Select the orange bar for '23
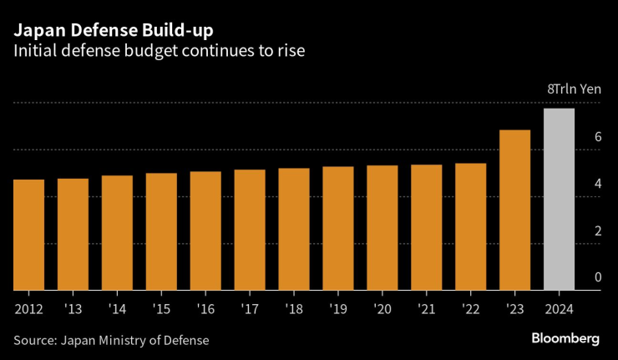(514, 210)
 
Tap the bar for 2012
(29, 236)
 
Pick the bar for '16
(205, 231)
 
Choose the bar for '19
(338, 229)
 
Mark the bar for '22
(470, 227)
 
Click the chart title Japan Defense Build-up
(112, 31)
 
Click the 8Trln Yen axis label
(574, 89)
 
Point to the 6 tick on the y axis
(597, 136)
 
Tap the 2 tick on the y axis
(597, 231)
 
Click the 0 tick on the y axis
(597, 277)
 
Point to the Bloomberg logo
(565, 338)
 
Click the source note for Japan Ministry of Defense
(110, 340)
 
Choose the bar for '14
(117, 233)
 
